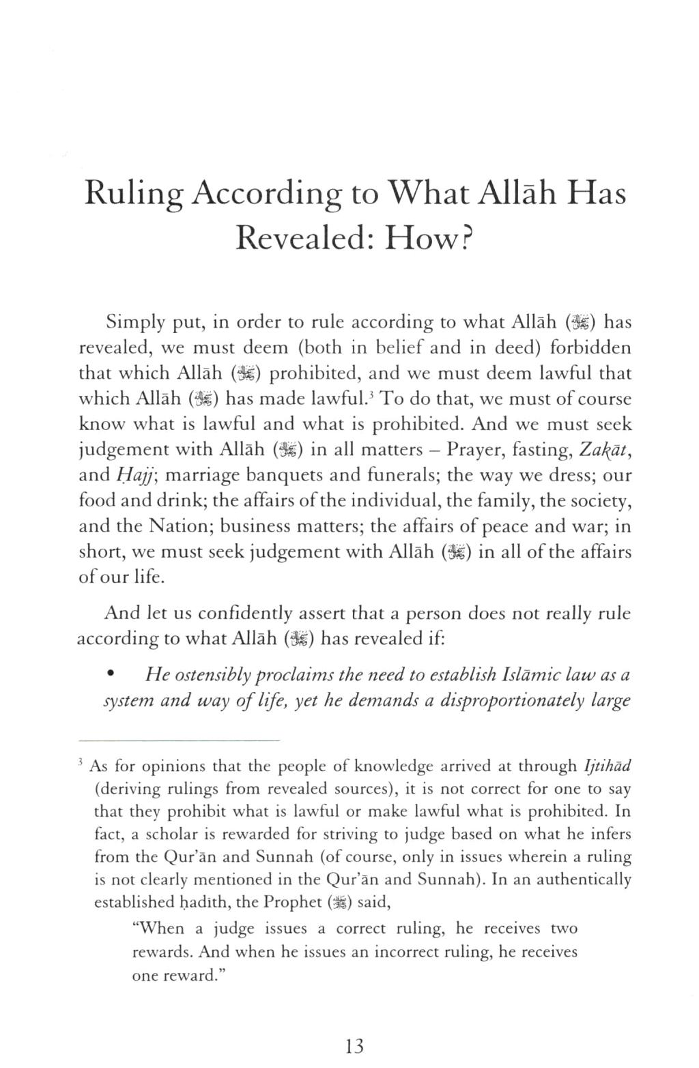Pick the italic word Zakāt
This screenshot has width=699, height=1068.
pos(605,449)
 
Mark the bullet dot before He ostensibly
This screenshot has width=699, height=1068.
pos(111,676)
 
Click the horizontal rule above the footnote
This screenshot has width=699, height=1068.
pos(180,741)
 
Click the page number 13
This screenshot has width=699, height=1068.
pos(354,1046)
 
